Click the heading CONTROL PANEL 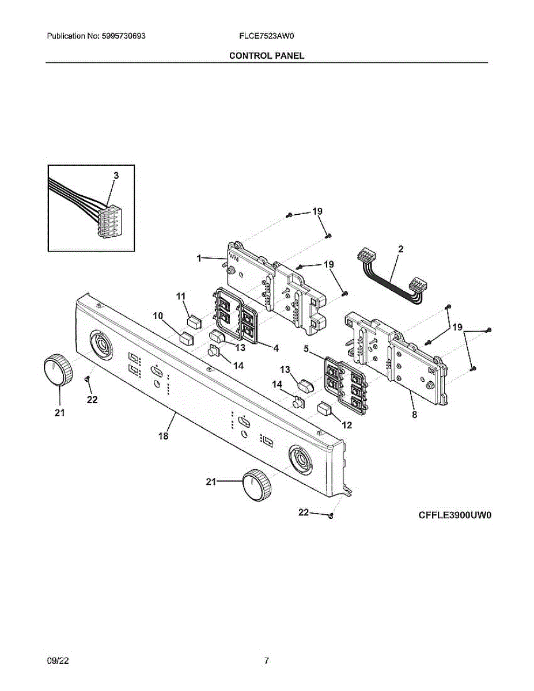click(267, 56)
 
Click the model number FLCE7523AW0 click(267, 36)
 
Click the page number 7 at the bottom click(266, 661)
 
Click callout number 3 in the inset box click(116, 175)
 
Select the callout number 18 click(164, 436)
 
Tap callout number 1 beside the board click(199, 259)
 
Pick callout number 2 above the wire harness click(401, 249)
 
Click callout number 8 click(414, 413)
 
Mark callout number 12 click(347, 425)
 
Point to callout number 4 click(276, 348)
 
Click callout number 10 click(158, 316)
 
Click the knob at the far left click(58, 371)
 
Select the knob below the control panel click(255, 485)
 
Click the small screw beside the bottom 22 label click(331, 515)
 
